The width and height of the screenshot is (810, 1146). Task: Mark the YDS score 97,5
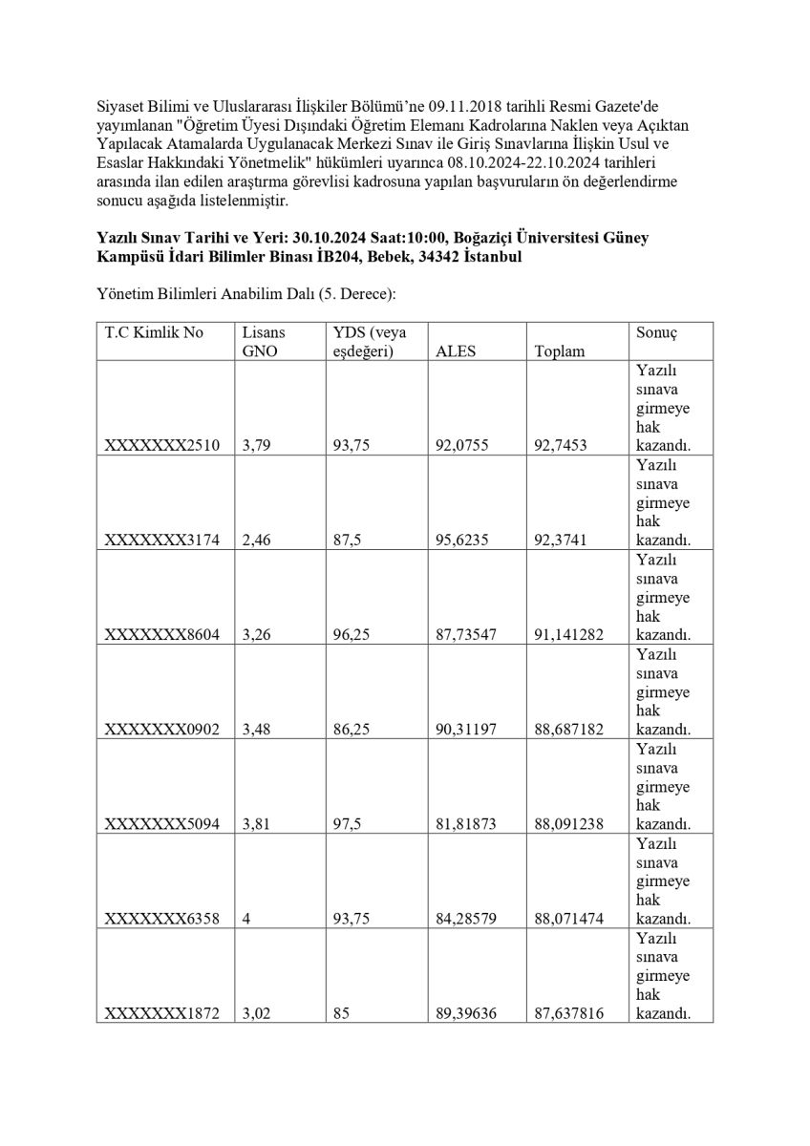pos(348,823)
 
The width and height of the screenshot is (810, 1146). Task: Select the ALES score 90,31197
pos(466,729)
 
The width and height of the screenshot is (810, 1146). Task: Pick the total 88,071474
pos(569,918)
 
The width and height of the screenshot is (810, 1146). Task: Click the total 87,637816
pos(569,1012)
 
